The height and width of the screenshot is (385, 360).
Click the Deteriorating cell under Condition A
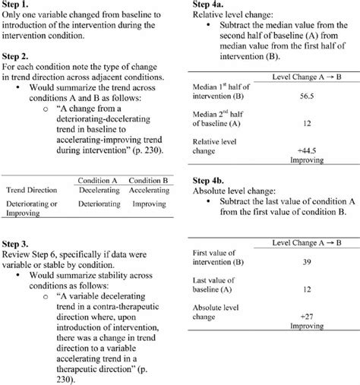point(102,204)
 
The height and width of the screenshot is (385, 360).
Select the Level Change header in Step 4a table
point(304,79)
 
